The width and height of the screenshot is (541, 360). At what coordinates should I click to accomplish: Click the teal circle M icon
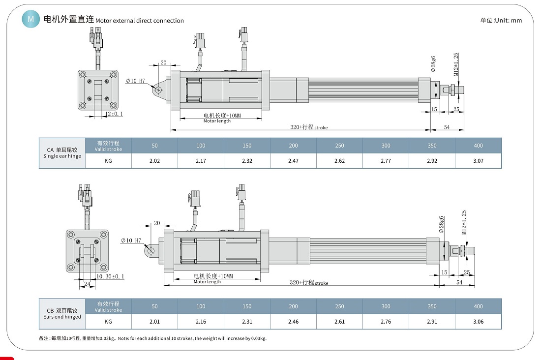[x=31, y=19]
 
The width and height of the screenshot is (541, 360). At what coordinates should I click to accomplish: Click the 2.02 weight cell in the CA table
[x=154, y=160]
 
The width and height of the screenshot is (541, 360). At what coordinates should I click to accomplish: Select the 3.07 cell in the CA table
[x=478, y=160]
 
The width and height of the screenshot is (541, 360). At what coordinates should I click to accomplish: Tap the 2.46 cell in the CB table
[x=293, y=322]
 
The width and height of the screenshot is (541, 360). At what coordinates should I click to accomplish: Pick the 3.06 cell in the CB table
[x=478, y=322]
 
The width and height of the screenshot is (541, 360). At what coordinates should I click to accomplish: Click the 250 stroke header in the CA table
[x=339, y=146]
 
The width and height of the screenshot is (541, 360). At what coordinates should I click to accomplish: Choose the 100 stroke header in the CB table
[x=201, y=306]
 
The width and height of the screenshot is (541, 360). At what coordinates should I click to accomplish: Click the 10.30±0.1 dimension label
[x=110, y=277]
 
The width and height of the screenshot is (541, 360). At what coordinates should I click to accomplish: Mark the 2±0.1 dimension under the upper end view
[x=115, y=114]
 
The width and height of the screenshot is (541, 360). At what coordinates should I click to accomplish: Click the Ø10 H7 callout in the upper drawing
[x=135, y=80]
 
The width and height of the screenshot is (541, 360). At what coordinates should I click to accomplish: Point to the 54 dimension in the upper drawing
[x=447, y=127]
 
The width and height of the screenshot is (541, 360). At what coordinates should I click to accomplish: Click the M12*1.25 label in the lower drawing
[x=464, y=223]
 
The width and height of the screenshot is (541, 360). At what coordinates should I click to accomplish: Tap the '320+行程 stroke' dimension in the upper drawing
[x=308, y=127]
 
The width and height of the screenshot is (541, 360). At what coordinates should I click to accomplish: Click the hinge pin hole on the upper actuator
[x=158, y=90]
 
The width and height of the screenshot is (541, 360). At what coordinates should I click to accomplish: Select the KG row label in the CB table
[x=108, y=322]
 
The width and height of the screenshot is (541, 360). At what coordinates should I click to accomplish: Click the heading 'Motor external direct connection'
[x=139, y=21]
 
